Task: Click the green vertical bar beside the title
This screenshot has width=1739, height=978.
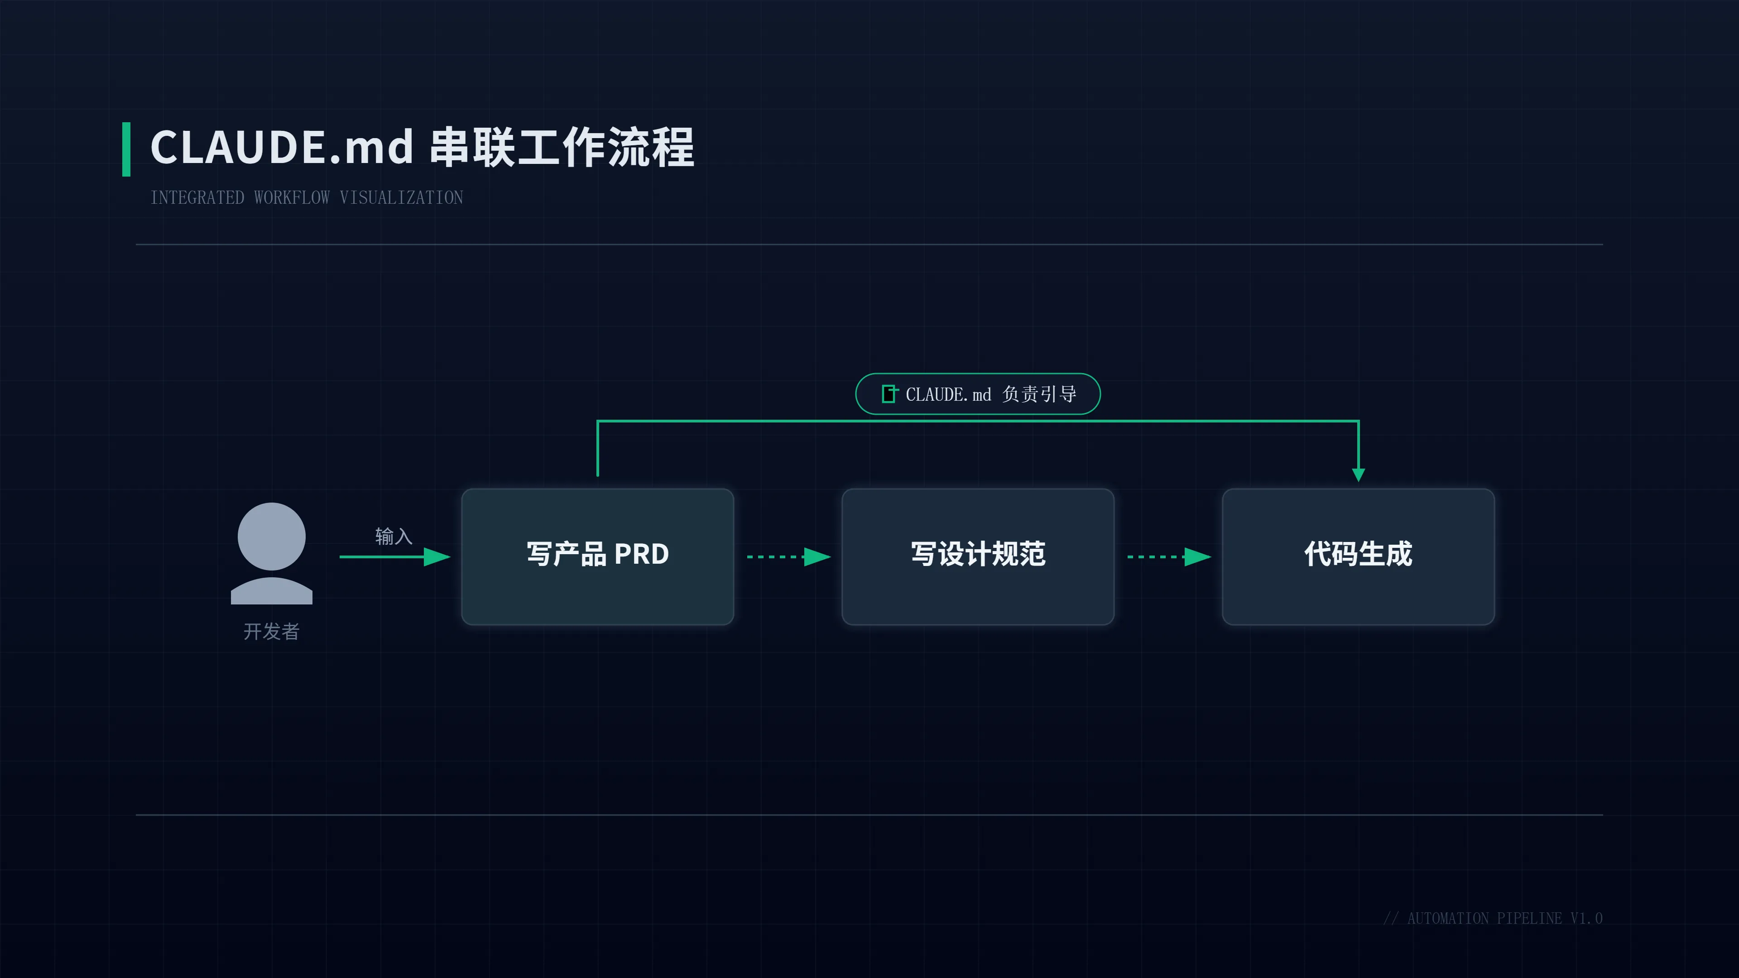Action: [126, 149]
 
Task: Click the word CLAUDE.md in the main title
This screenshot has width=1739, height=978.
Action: [282, 147]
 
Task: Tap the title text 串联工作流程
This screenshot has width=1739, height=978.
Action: [562, 147]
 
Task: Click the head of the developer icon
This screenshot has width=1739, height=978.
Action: [271, 536]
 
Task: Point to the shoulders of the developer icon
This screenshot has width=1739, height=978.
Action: [271, 591]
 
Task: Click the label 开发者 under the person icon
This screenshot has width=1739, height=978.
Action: [271, 631]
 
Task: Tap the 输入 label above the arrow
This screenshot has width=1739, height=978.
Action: [394, 536]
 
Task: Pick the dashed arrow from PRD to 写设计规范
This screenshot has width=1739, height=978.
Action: [788, 557]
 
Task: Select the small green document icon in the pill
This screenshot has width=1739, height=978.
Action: [889, 393]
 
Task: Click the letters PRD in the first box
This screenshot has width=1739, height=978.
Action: [641, 554]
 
